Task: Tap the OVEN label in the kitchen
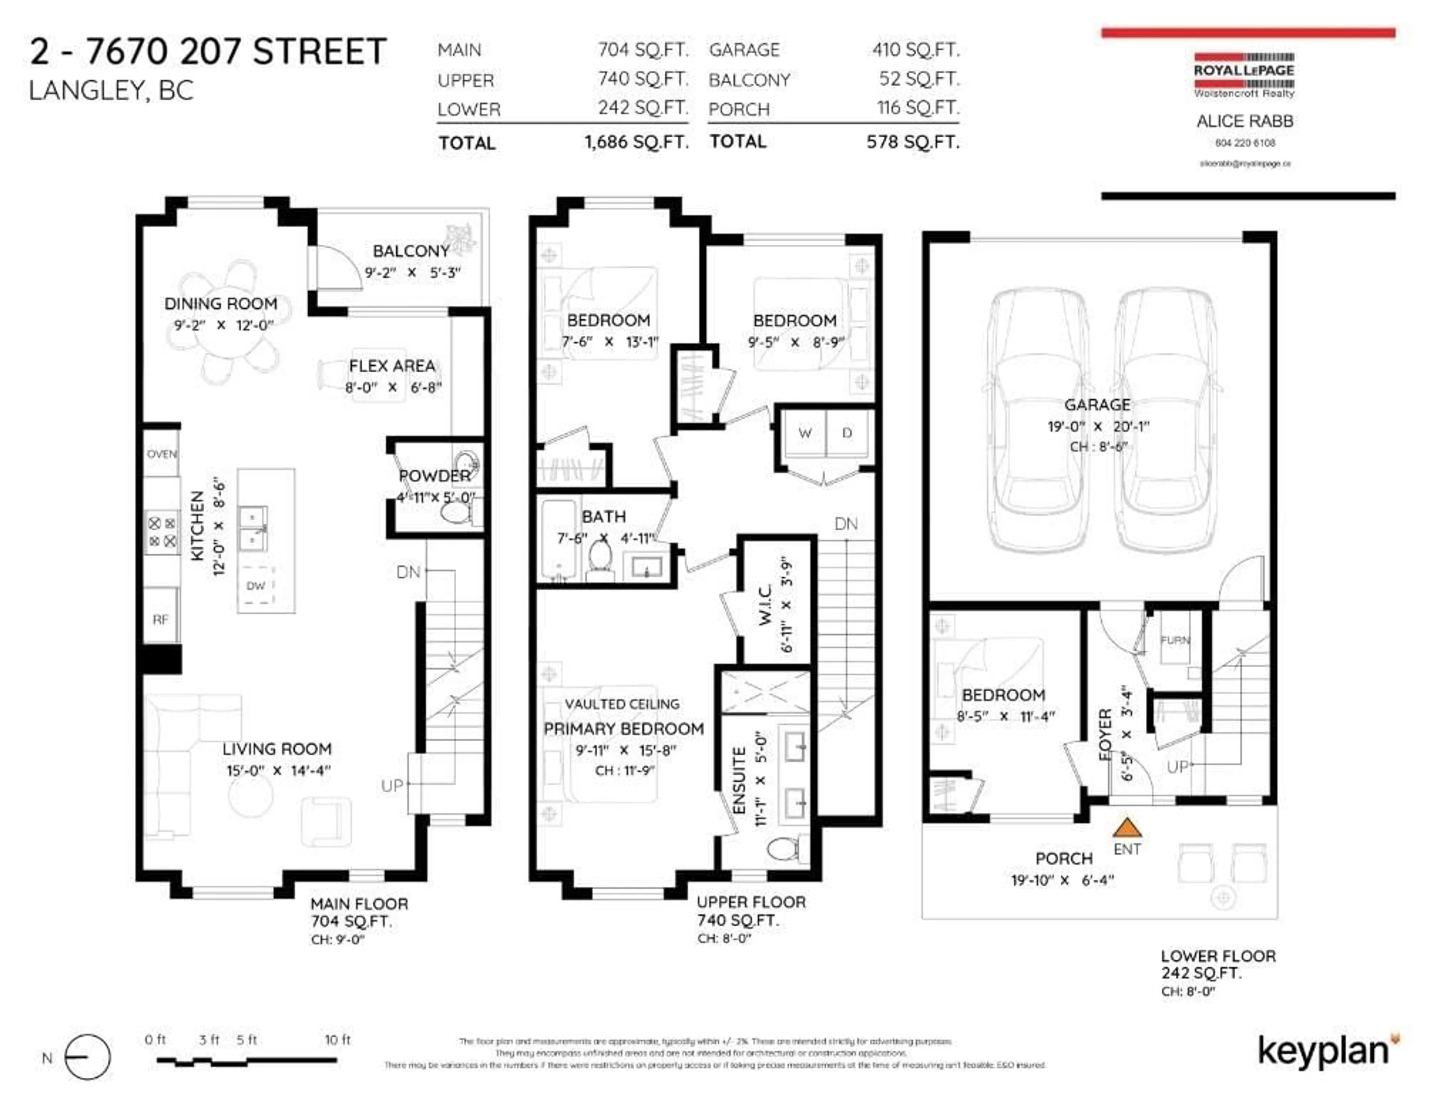pos(162,454)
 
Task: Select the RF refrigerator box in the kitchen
pos(160,620)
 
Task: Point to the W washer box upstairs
pos(804,433)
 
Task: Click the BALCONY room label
pos(411,251)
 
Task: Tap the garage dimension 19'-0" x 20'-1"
pos(1098,426)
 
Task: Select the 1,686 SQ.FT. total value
pos(636,142)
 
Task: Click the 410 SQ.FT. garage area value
pos(916,50)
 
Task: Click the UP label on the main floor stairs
pos(392,785)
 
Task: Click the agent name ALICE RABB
pos(1244,122)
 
